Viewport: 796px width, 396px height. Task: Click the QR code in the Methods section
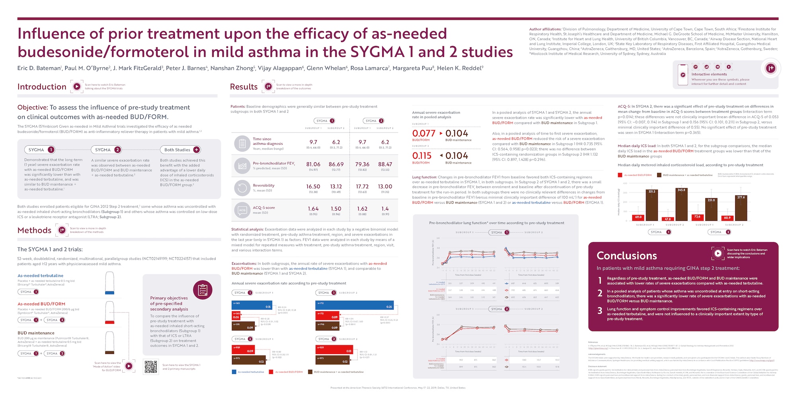(151, 367)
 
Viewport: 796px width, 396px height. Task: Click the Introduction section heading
(42, 87)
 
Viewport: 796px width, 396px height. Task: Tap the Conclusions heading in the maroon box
(626, 256)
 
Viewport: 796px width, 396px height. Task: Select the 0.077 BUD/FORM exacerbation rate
(423, 133)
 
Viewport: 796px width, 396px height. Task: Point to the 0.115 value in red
(421, 156)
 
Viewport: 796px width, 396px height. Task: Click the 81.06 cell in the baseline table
(313, 164)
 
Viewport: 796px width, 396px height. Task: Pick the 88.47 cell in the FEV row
(385, 164)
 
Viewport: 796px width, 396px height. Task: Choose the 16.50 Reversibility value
(313, 187)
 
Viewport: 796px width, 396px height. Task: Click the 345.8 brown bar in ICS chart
(681, 204)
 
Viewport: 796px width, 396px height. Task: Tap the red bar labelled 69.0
(638, 218)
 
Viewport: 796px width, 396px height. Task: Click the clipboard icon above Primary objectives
(203, 290)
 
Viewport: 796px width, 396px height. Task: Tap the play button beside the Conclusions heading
(718, 253)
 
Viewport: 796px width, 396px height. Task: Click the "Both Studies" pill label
(177, 150)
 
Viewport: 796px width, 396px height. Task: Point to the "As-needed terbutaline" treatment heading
(41, 275)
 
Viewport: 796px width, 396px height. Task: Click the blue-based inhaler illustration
(109, 283)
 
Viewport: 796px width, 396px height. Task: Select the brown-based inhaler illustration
(109, 343)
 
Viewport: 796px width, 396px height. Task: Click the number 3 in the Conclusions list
(600, 311)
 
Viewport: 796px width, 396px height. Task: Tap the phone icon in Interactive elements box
(683, 74)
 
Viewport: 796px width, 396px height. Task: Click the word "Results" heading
(244, 87)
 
